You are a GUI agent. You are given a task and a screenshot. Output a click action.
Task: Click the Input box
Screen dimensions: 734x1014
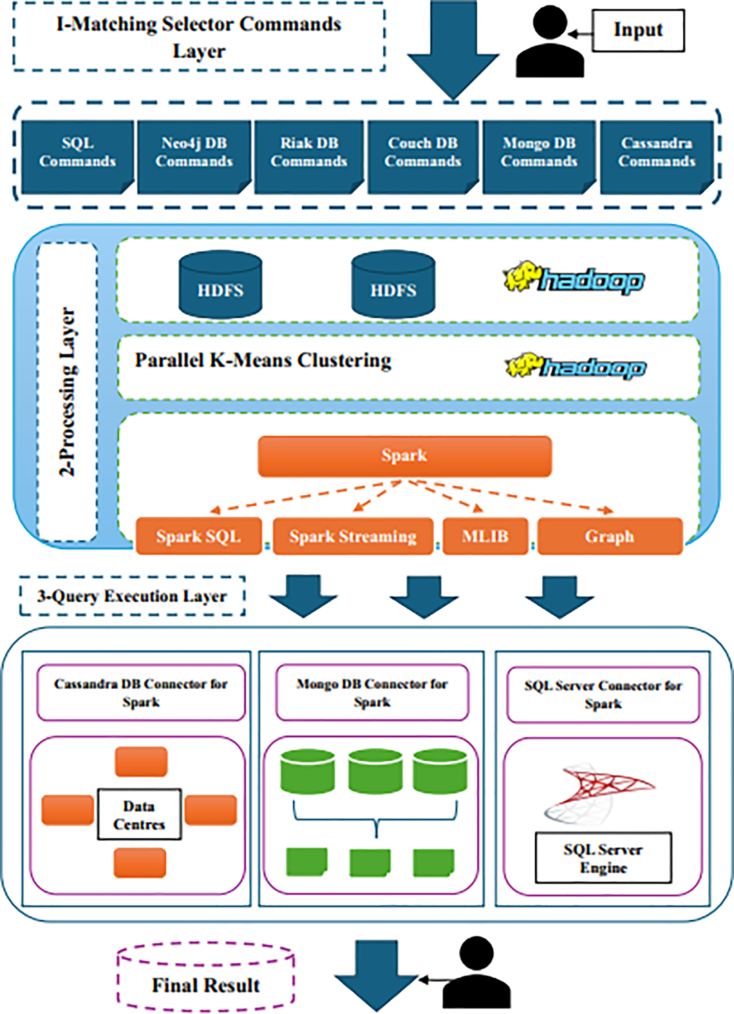tap(638, 30)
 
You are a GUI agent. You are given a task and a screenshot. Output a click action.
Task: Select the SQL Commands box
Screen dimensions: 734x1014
tap(78, 157)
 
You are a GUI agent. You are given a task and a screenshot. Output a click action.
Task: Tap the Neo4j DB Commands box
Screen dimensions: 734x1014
tap(194, 157)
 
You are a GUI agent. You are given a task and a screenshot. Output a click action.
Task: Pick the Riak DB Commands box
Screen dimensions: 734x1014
tap(309, 157)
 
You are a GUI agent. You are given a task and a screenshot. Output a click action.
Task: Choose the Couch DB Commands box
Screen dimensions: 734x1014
tap(423, 157)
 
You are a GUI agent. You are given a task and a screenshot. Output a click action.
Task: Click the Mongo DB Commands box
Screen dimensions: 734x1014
tap(539, 157)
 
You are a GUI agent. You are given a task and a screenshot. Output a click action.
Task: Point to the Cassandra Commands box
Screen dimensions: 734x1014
tap(657, 157)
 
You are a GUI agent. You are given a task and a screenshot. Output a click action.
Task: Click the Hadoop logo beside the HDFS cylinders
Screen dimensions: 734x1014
tap(573, 278)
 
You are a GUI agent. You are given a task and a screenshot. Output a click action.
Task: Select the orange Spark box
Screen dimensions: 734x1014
tap(405, 456)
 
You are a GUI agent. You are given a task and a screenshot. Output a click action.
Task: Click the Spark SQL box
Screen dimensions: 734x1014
tap(199, 536)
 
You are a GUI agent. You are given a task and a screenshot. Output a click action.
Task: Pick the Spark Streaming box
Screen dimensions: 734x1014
tap(353, 536)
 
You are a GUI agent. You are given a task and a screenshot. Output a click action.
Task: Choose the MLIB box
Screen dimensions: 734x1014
tap(485, 536)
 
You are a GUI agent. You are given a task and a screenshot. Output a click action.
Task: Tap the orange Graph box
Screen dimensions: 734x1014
tap(610, 536)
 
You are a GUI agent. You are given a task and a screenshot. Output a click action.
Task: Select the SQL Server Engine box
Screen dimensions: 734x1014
tap(603, 858)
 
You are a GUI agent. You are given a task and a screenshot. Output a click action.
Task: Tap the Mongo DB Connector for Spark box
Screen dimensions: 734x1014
tap(372, 692)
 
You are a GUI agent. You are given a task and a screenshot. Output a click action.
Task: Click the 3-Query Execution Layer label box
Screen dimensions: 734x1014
tap(132, 596)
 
